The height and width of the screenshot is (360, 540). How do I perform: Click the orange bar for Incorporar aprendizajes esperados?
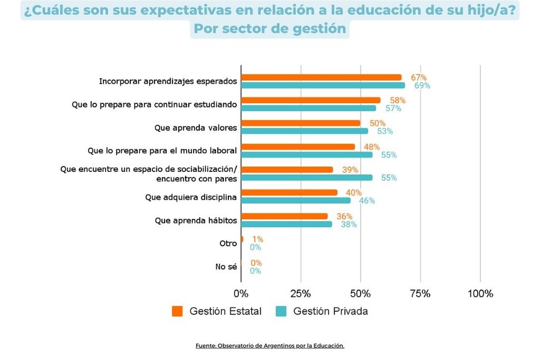point(321,78)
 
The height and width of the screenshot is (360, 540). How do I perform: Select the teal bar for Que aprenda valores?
point(304,131)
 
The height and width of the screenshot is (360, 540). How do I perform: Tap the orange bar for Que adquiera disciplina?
point(289,192)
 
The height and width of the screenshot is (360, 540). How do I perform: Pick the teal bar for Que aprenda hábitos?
point(286,224)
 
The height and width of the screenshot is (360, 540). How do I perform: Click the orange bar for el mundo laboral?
point(298,147)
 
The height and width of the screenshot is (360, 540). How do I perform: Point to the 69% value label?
point(422,86)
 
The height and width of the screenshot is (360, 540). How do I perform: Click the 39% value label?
point(350,169)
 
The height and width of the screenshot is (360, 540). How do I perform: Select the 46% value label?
point(367,200)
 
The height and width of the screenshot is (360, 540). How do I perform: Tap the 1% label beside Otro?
point(258,239)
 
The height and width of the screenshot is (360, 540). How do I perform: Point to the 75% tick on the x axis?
point(420,294)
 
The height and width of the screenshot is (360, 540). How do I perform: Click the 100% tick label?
point(480,294)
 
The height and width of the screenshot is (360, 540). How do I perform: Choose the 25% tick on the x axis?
point(300,294)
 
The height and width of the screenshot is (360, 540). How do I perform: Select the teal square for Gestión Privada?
point(281,311)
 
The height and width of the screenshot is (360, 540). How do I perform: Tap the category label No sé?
point(226,267)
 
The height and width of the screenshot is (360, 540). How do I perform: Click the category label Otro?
point(228,243)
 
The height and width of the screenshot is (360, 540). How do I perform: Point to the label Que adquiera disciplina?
point(191,197)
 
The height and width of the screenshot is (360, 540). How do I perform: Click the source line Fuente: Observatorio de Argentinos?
point(269,346)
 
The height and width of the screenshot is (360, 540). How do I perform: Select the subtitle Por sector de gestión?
point(269,29)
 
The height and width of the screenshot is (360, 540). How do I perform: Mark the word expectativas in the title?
point(199,11)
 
